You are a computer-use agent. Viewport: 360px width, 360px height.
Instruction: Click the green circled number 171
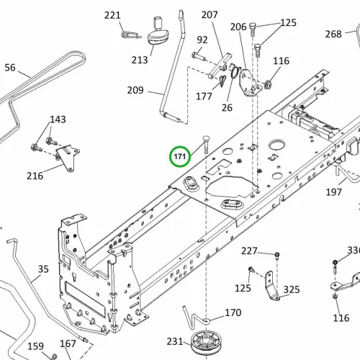180,156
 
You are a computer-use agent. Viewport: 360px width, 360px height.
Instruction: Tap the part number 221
112,16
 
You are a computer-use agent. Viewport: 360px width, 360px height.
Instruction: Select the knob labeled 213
158,33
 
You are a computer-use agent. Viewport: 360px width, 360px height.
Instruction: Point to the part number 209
135,90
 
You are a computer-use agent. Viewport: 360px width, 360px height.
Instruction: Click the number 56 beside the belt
10,68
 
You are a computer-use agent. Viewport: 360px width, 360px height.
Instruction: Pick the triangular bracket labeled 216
68,158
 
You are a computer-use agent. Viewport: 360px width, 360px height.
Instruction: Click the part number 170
233,312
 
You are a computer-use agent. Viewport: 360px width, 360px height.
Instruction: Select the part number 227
249,251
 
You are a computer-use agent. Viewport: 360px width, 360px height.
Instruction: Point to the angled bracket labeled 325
271,286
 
